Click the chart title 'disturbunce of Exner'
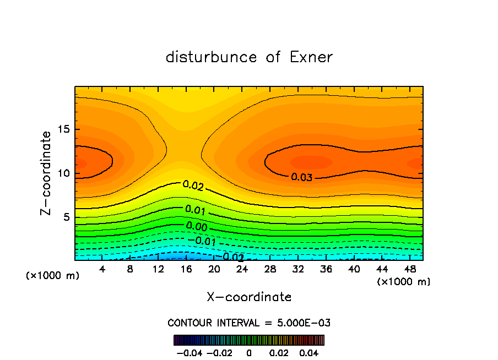[x=249, y=57]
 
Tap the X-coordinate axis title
[x=249, y=297]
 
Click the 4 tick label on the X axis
[x=102, y=269]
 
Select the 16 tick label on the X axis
[x=186, y=269]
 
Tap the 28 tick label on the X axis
[x=270, y=269]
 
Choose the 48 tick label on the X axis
[x=410, y=269]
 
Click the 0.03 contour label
[x=302, y=177]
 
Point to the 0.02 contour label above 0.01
[x=193, y=186]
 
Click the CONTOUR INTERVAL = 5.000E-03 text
[x=249, y=323]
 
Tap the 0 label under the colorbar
[x=249, y=352]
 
